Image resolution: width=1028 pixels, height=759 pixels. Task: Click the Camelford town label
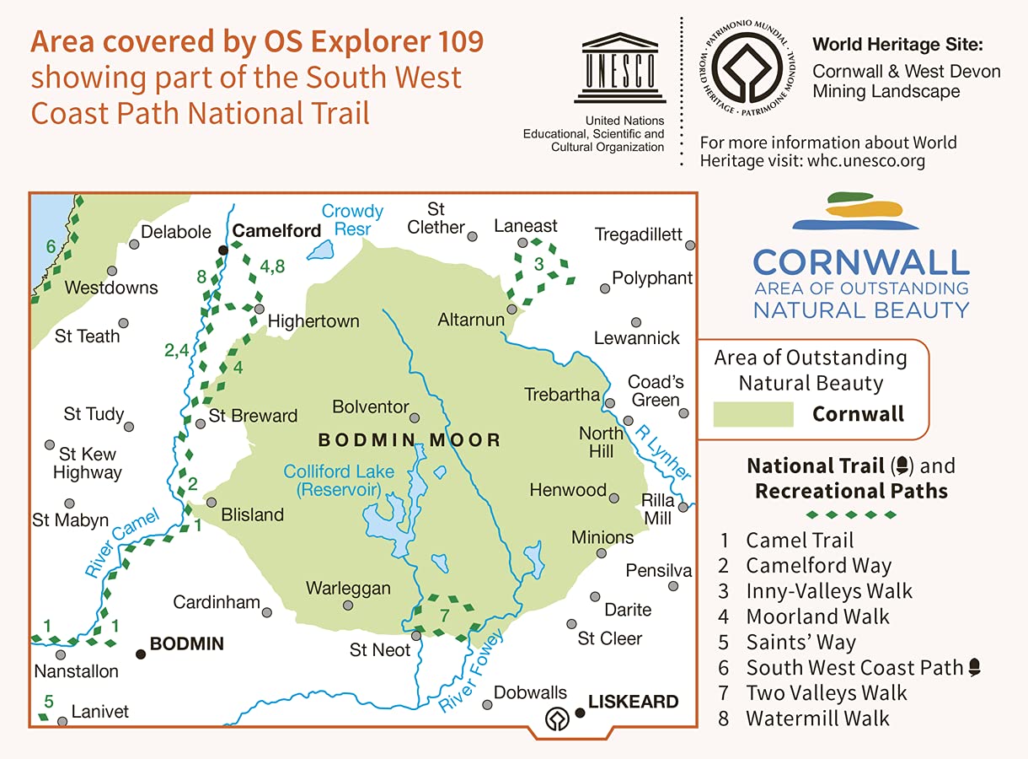click(x=276, y=231)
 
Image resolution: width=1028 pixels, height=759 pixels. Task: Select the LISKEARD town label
click(x=633, y=702)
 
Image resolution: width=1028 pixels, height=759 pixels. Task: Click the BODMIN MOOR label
click(x=410, y=440)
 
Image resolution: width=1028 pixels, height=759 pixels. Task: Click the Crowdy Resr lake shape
click(x=320, y=250)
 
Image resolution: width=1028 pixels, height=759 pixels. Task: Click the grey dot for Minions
click(x=602, y=554)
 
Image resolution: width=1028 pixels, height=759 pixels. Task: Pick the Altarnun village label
click(x=471, y=320)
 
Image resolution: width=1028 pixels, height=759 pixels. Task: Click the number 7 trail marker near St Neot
click(x=445, y=615)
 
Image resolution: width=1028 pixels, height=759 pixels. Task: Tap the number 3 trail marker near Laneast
click(x=539, y=264)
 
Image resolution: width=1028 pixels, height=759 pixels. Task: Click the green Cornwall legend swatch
click(x=752, y=414)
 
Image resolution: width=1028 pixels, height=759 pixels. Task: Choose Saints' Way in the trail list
click(x=800, y=643)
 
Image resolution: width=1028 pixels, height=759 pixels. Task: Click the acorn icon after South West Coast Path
click(x=975, y=668)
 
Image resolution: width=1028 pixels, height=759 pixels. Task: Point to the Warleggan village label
click(x=348, y=588)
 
